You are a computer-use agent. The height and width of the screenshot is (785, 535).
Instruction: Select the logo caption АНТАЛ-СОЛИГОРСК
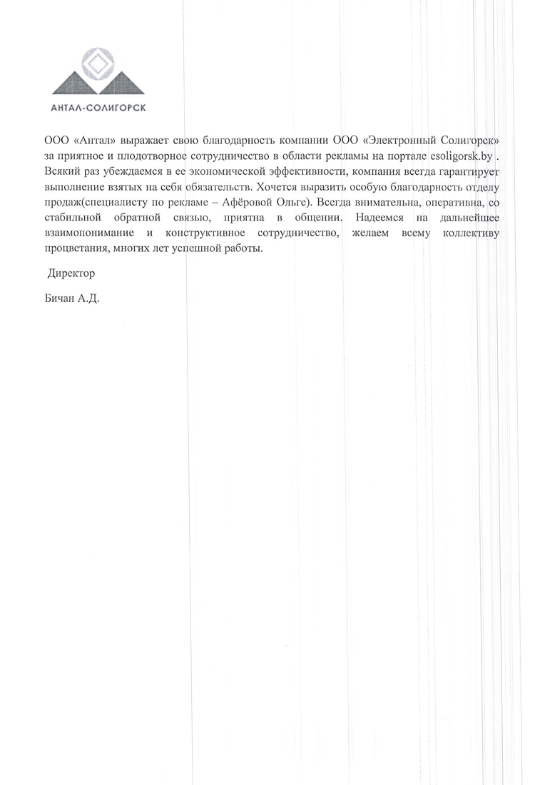tap(99, 108)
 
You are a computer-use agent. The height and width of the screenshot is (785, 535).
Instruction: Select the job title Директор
tap(71, 274)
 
